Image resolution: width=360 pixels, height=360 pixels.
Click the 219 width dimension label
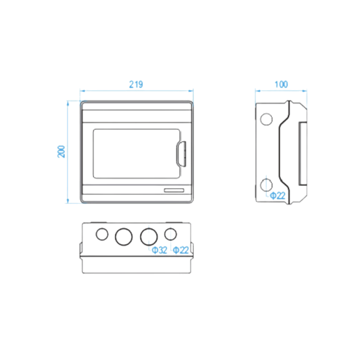click(136, 85)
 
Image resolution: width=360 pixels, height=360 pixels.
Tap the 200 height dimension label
click(61, 152)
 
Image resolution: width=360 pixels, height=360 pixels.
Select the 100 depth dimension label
click(281, 85)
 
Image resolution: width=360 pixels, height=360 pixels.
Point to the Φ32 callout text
click(159, 250)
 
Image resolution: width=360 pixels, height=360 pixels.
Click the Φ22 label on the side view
click(278, 196)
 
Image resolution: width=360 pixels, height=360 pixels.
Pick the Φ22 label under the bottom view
click(181, 250)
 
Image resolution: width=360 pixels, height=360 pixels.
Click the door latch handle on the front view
click(181, 154)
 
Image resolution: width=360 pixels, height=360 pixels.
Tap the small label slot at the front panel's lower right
click(174, 190)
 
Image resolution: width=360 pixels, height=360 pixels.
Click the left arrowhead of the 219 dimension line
click(82, 91)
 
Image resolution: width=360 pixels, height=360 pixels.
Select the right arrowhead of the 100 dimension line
click(305, 91)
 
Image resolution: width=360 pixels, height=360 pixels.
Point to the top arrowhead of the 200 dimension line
click(68, 103)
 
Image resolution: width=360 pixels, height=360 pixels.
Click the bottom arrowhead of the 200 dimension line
click(68, 201)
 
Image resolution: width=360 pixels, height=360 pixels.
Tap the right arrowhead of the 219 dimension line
click(191, 91)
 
